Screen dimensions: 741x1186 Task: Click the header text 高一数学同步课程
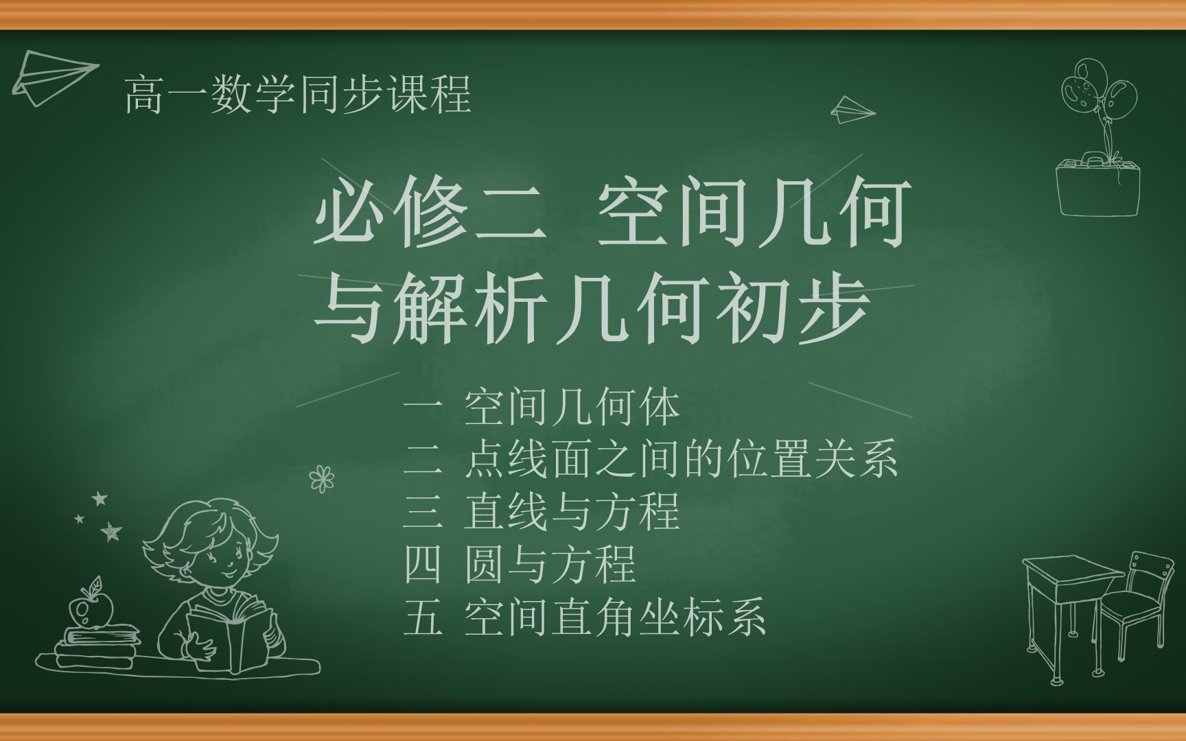[x=298, y=94]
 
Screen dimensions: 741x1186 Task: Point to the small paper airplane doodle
[x=852, y=110]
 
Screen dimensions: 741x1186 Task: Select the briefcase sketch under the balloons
[x=1097, y=185]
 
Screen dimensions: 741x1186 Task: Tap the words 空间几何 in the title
[x=754, y=211]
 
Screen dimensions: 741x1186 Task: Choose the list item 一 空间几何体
[x=542, y=408]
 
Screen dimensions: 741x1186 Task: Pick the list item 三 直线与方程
[x=542, y=512]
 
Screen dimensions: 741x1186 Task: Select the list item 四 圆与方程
[x=520, y=564]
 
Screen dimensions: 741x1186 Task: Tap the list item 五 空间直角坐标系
[x=585, y=617]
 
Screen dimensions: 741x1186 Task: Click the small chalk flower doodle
[x=321, y=478]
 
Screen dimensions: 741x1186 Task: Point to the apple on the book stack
[x=91, y=607]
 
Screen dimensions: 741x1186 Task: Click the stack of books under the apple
[x=96, y=645]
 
